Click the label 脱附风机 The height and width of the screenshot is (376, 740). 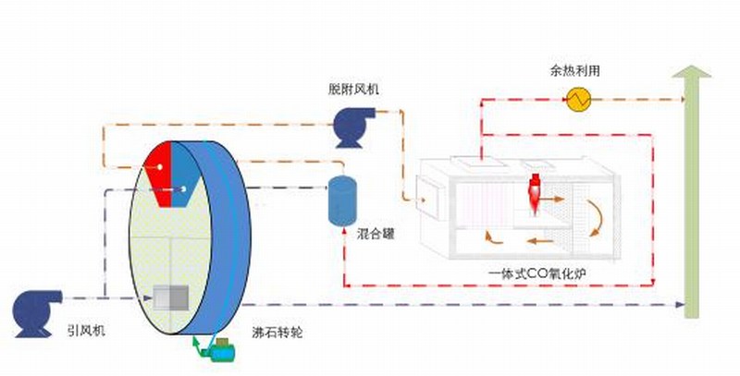coord(353,89)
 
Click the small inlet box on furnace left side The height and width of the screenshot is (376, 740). coord(427,199)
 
